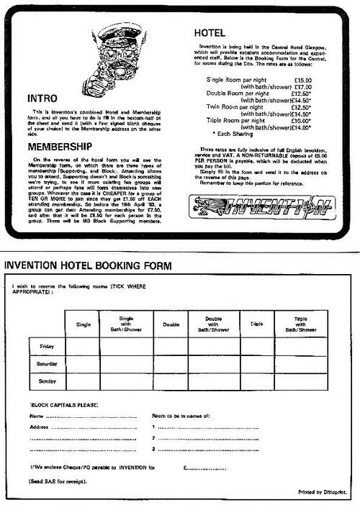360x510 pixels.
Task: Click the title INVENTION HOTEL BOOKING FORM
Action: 88,266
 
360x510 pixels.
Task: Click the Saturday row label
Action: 47,364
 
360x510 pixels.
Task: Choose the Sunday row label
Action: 47,381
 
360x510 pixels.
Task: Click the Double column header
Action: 171,324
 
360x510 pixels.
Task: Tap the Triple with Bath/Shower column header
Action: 305,324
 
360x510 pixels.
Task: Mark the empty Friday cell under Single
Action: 83,347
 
